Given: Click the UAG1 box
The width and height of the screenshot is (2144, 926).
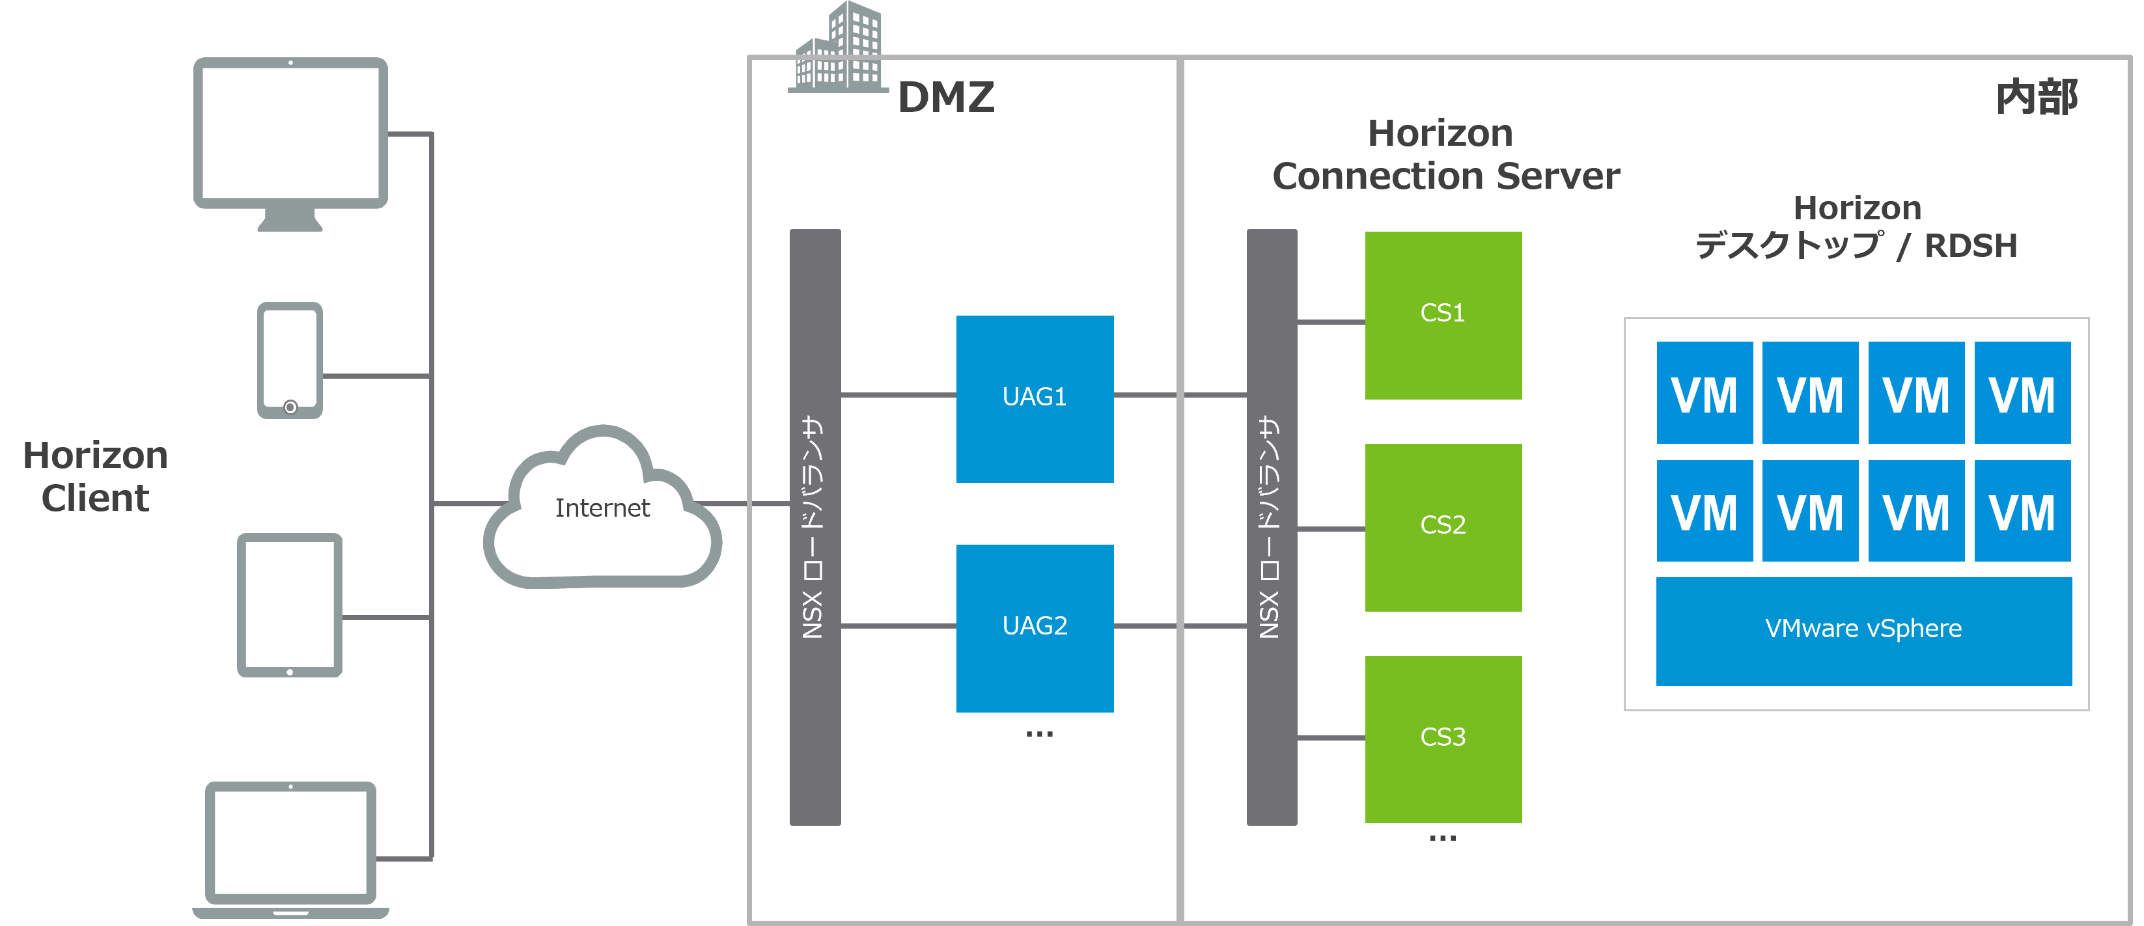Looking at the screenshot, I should tap(1035, 398).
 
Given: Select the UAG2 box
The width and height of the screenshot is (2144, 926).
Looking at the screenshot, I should tap(1035, 628).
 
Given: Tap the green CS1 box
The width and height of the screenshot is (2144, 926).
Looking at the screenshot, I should tap(1443, 314).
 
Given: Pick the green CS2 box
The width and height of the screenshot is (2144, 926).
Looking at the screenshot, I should tap(1443, 526).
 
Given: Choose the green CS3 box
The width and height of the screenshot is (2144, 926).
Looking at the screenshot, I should tap(1443, 739).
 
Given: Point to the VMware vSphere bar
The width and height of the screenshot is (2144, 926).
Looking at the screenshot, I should tap(1863, 631).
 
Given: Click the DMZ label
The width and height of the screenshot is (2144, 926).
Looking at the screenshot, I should tap(946, 98).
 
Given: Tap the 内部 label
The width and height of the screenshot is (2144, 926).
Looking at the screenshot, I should tap(2037, 98).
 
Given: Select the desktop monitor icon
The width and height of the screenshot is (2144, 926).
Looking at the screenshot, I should tap(290, 137).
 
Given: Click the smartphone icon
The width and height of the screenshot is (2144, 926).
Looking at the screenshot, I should tap(290, 359).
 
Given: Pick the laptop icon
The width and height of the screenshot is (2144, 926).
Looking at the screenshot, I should tap(290, 847).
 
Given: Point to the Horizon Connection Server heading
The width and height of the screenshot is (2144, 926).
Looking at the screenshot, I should tap(1445, 155).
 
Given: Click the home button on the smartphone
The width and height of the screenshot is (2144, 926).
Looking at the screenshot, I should tap(290, 407).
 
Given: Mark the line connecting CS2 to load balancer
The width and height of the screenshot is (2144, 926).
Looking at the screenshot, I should tap(1331, 528).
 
